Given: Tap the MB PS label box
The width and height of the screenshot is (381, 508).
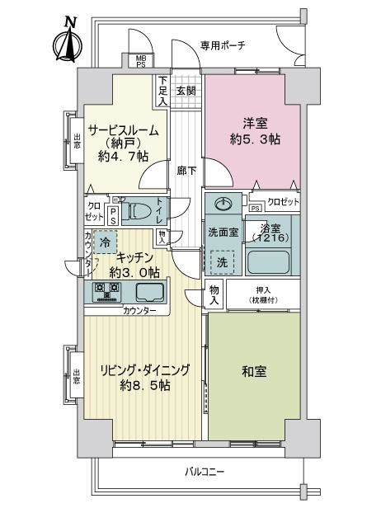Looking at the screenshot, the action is pyautogui.click(x=140, y=61).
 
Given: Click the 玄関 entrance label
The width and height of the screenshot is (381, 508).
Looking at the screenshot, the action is pyautogui.click(x=186, y=91).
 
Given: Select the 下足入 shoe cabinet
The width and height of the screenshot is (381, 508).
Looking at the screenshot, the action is pyautogui.click(x=162, y=91).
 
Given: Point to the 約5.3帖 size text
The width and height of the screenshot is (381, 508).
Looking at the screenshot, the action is pyautogui.click(x=255, y=139).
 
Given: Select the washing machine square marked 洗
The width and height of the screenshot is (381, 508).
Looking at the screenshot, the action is pyautogui.click(x=223, y=262).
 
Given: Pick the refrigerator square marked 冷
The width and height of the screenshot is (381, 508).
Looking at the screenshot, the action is pyautogui.click(x=105, y=242).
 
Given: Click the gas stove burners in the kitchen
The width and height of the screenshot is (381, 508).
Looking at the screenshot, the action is pyautogui.click(x=106, y=292).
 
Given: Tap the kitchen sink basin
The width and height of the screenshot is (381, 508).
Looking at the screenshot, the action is pyautogui.click(x=150, y=292).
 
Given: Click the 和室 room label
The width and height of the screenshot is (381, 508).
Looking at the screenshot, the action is pyautogui.click(x=254, y=372).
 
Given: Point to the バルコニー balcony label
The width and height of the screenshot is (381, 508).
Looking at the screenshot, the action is pyautogui.click(x=205, y=471).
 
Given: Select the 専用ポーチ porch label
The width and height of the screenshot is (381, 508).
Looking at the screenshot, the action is pyautogui.click(x=223, y=45).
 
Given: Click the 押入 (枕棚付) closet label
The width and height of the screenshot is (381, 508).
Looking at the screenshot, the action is pyautogui.click(x=263, y=295).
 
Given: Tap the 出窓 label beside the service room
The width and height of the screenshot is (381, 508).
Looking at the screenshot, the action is pyautogui.click(x=77, y=141).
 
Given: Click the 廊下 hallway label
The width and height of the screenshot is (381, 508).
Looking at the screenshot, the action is pyautogui.click(x=186, y=171).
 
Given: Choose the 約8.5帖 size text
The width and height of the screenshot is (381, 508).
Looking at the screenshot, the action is pyautogui.click(x=145, y=385).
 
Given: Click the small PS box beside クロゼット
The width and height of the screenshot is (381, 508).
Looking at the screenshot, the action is pyautogui.click(x=256, y=209).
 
